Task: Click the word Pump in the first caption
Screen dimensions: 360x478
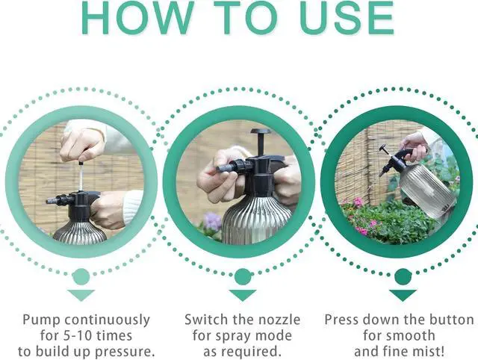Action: pyautogui.click(x=42, y=320)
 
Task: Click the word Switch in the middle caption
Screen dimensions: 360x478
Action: pyautogui.click(x=206, y=320)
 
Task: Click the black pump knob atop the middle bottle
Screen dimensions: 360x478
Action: pyautogui.click(x=261, y=134)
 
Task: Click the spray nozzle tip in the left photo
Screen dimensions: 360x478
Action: pyautogui.click(x=51, y=200)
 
